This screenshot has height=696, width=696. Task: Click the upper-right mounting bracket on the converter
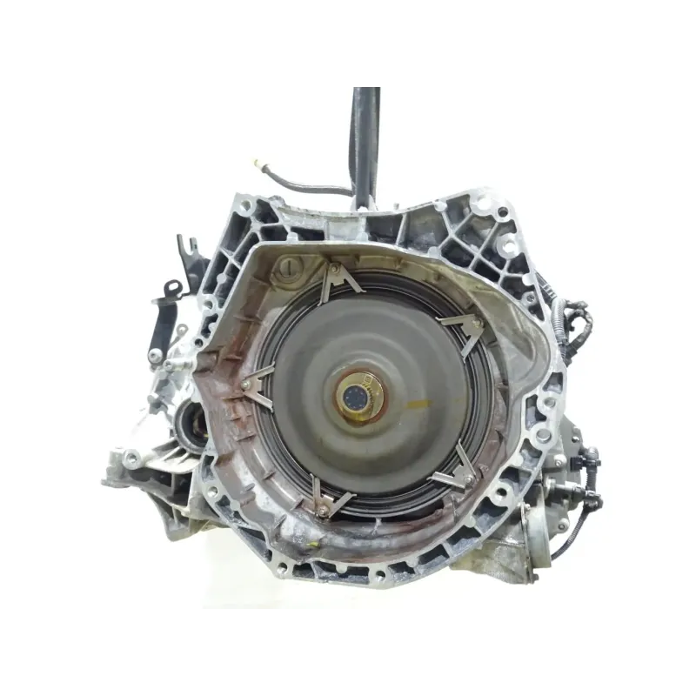tap(464, 329)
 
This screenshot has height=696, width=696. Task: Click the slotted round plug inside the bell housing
tap(285, 269)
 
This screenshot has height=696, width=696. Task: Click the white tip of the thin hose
tap(258, 163)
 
